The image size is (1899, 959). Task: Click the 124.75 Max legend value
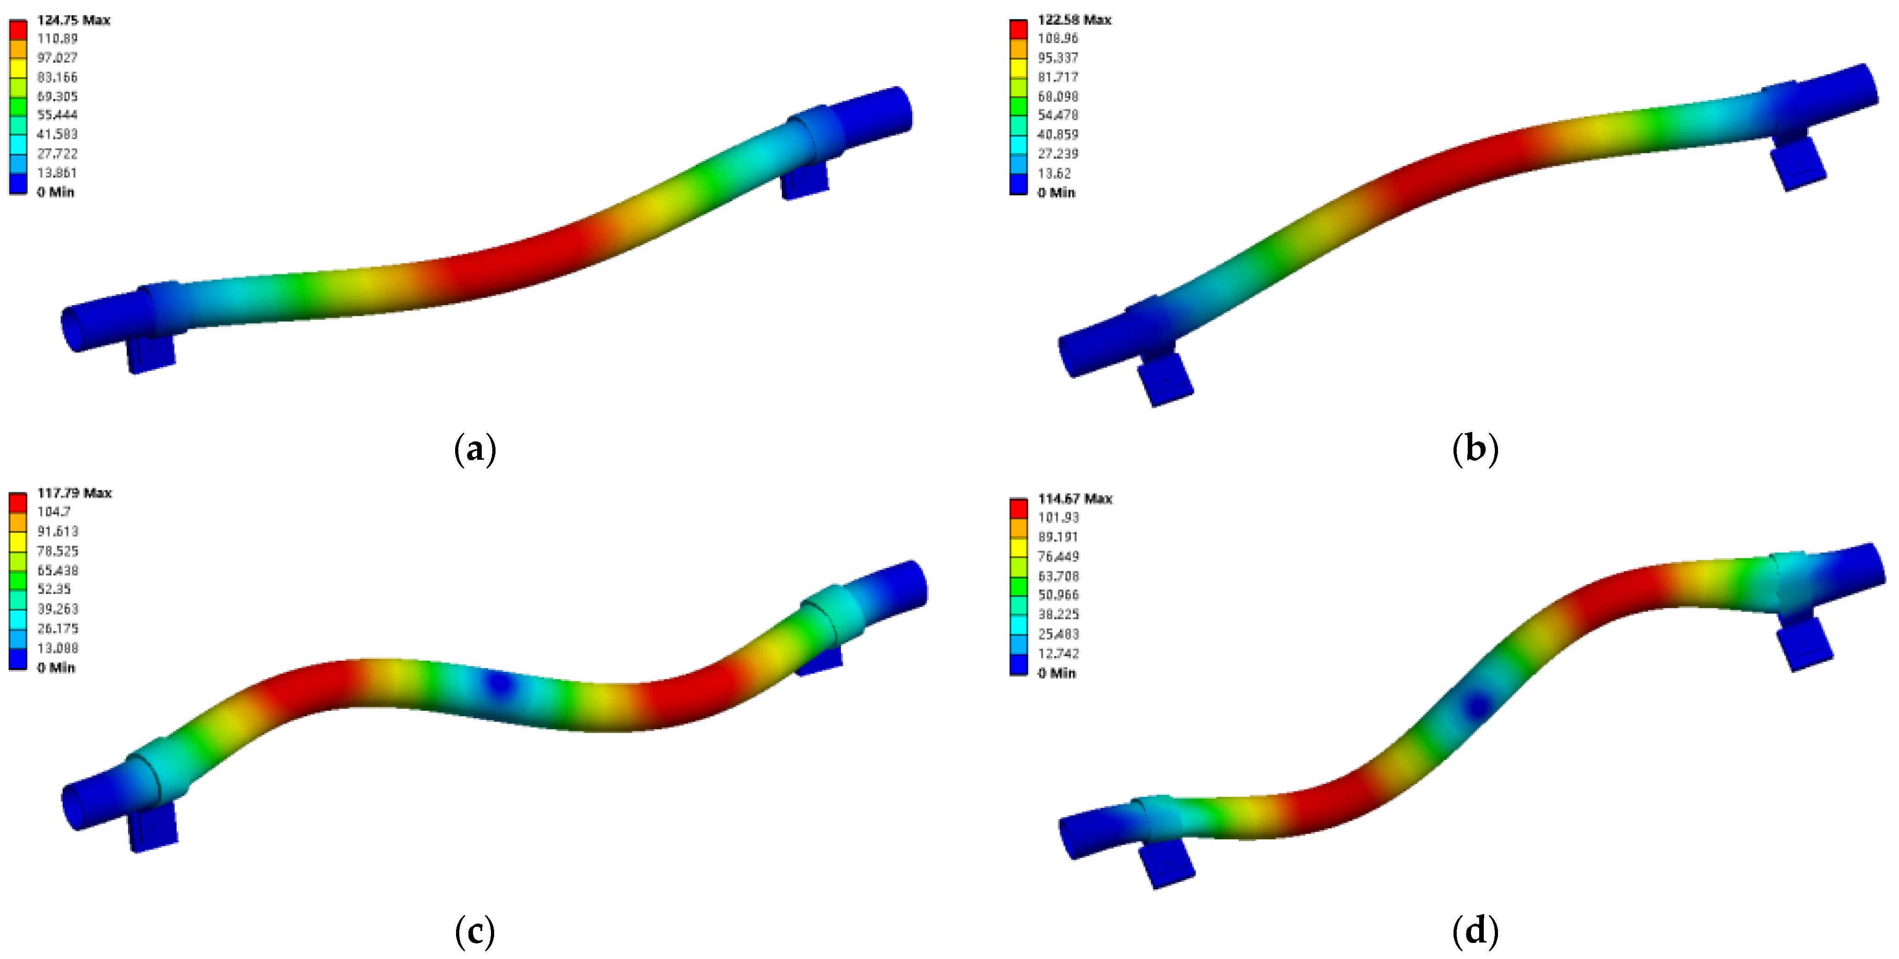click(x=73, y=20)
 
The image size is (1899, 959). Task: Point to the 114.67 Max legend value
click(x=1074, y=499)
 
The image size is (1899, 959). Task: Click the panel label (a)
click(x=475, y=449)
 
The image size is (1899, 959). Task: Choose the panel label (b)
click(x=1475, y=449)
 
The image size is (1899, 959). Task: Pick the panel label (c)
click(x=475, y=932)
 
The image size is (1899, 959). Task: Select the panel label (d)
click(x=1475, y=932)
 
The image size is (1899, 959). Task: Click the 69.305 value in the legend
click(x=57, y=96)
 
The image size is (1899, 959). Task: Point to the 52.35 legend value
click(x=54, y=589)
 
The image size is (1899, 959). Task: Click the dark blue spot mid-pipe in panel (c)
click(x=501, y=684)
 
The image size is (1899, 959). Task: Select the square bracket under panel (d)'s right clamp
click(x=1804, y=643)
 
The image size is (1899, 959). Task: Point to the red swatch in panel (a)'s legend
click(x=18, y=29)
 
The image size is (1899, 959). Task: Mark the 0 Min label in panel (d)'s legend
click(x=1056, y=673)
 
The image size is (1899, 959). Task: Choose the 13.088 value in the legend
click(x=57, y=648)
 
